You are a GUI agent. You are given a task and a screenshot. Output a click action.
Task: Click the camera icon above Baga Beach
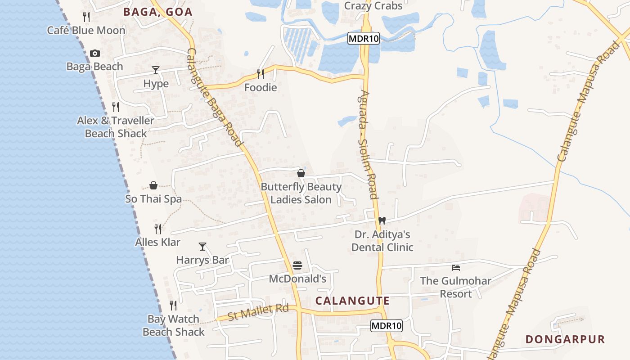tap(94, 53)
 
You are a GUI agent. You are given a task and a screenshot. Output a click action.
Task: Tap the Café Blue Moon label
tap(86, 30)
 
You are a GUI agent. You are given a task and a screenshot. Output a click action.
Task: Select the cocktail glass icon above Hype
tap(156, 70)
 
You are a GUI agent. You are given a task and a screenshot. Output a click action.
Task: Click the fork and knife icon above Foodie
tap(261, 74)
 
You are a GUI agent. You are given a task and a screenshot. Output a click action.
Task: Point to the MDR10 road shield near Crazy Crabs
tap(364, 39)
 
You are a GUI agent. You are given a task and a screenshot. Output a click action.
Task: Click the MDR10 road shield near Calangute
tap(387, 326)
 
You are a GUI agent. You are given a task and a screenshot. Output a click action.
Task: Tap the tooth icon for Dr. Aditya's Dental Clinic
tap(382, 220)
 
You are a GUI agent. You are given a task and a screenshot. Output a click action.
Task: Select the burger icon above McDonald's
tap(297, 265)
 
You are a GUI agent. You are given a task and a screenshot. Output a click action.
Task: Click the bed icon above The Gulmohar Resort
tap(456, 268)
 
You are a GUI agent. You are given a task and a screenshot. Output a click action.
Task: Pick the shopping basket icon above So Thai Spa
tap(153, 185)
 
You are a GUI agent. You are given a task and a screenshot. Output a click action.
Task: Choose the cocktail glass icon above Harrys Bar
tap(202, 246)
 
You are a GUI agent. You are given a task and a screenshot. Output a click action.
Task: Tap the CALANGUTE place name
tap(352, 301)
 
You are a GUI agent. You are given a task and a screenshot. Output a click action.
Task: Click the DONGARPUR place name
tap(565, 339)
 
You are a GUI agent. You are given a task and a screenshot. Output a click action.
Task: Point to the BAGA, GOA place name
tap(158, 12)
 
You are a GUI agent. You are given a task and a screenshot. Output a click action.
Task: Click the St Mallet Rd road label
tap(258, 312)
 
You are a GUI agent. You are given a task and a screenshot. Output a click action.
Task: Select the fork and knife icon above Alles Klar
tap(158, 229)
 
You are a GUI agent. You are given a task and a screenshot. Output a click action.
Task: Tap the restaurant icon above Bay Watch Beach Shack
tap(173, 306)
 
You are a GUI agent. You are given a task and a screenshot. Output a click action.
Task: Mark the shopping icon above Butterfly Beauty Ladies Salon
tap(301, 173)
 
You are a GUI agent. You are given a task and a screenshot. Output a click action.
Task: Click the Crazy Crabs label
tap(373, 6)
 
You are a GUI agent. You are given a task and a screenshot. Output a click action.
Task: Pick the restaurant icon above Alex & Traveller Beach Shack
tap(116, 107)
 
